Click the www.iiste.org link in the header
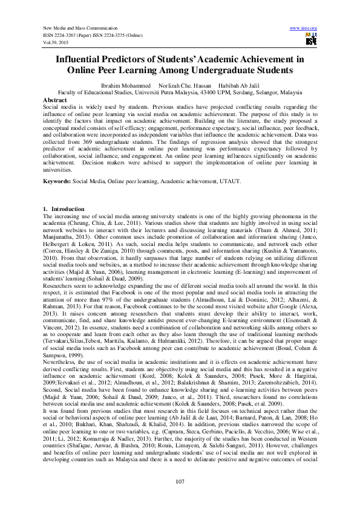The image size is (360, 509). (304, 28)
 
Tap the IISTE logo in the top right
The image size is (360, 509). (311, 40)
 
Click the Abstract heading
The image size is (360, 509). (55, 99)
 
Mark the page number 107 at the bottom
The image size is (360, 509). (180, 481)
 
